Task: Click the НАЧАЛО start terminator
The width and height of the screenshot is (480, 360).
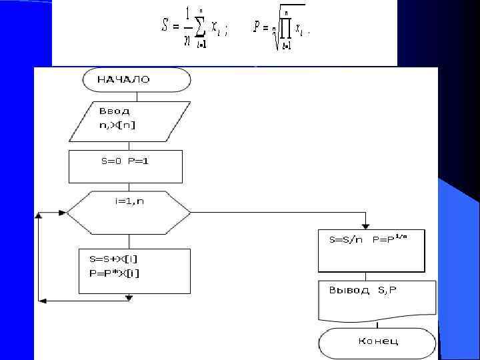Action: point(136,79)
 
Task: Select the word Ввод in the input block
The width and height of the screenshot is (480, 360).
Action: point(115,111)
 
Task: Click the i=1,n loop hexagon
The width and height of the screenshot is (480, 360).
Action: point(129,212)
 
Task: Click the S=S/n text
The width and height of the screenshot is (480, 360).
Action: point(346,239)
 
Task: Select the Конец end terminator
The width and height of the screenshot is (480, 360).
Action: point(378,341)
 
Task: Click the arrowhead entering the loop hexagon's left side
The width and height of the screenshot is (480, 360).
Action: point(62,213)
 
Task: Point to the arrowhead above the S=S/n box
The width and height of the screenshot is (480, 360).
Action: point(365,225)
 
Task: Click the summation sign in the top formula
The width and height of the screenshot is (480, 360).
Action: point(197,26)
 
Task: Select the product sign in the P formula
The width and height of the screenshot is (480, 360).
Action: point(285,29)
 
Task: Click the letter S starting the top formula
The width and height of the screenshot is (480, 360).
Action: point(165,27)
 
